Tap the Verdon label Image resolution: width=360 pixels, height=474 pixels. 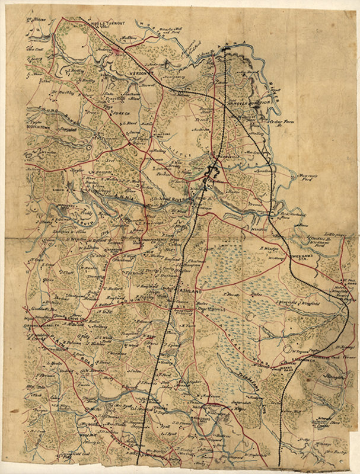(142, 72)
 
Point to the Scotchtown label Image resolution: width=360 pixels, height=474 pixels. (39, 127)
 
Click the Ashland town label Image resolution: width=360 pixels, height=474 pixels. (190, 293)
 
